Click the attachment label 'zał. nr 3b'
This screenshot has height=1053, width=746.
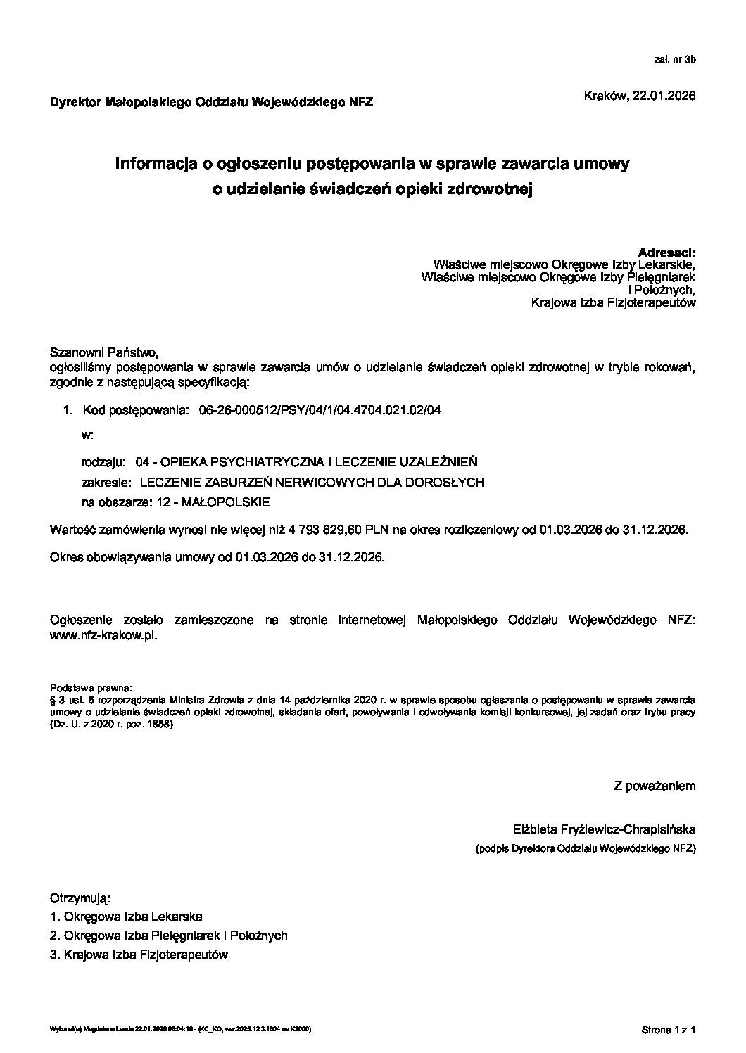point(674,60)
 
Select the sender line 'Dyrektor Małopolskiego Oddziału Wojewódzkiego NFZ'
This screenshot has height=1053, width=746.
point(211,103)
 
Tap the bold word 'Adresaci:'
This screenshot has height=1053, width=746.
point(666,252)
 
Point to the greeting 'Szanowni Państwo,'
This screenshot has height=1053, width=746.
point(100,352)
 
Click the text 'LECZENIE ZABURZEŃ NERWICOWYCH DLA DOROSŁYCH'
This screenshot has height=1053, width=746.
point(312,483)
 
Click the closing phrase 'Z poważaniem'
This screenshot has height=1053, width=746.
point(655,786)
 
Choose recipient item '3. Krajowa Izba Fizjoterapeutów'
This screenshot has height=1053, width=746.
point(139,955)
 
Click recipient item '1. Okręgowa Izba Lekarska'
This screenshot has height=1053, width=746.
point(126,917)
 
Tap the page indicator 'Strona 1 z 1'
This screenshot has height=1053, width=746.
point(668,1030)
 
